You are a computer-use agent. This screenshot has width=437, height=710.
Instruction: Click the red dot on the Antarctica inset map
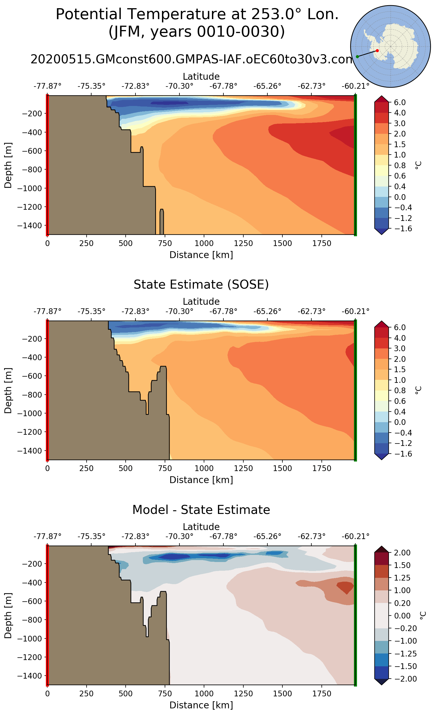click(377, 51)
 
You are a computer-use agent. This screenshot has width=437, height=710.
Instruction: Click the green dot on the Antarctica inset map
click(357, 57)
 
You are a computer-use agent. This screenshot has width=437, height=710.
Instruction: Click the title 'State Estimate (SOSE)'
click(201, 285)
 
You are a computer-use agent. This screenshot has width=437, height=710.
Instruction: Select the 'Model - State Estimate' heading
click(201, 510)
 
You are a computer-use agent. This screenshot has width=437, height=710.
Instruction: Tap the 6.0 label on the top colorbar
click(400, 102)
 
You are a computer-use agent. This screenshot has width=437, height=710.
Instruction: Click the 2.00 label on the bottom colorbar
click(402, 553)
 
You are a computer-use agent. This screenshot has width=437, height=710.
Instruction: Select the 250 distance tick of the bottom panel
click(86, 694)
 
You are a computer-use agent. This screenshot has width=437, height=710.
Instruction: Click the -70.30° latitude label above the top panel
click(179, 86)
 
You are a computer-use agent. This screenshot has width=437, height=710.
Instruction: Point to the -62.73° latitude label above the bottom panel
click(311, 537)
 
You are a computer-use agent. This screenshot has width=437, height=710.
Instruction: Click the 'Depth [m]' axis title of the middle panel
click(8, 390)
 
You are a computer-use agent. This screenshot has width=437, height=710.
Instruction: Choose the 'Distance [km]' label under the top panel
click(201, 255)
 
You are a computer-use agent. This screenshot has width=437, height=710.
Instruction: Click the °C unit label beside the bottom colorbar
click(423, 616)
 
